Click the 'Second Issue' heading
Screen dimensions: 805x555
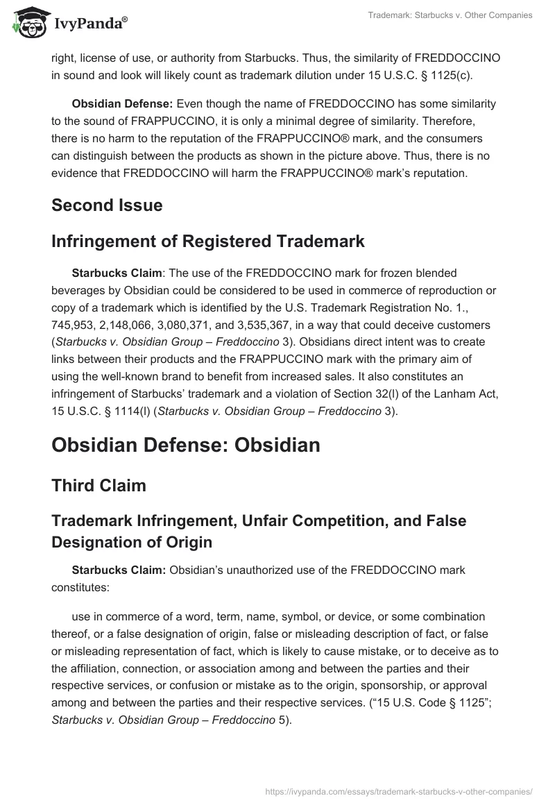[107, 205]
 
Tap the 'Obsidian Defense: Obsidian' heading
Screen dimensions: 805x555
[186, 444]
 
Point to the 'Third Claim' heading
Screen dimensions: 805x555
[99, 485]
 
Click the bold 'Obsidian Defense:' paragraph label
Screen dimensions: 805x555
[122, 103]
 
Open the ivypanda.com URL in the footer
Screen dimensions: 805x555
[398, 790]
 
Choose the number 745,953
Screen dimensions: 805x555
[72, 324]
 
